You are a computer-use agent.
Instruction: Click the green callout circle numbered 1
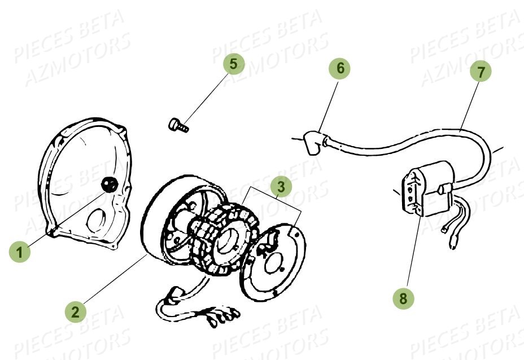coord(20,252)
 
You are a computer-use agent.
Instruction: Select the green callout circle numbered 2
coord(75,310)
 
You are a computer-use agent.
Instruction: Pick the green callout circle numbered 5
coord(234,64)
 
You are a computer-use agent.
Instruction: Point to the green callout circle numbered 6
coord(340,68)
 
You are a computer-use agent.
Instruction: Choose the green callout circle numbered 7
coord(481,72)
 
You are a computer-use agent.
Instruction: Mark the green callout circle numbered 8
coord(403,298)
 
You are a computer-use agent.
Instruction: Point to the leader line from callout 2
coord(113,282)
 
